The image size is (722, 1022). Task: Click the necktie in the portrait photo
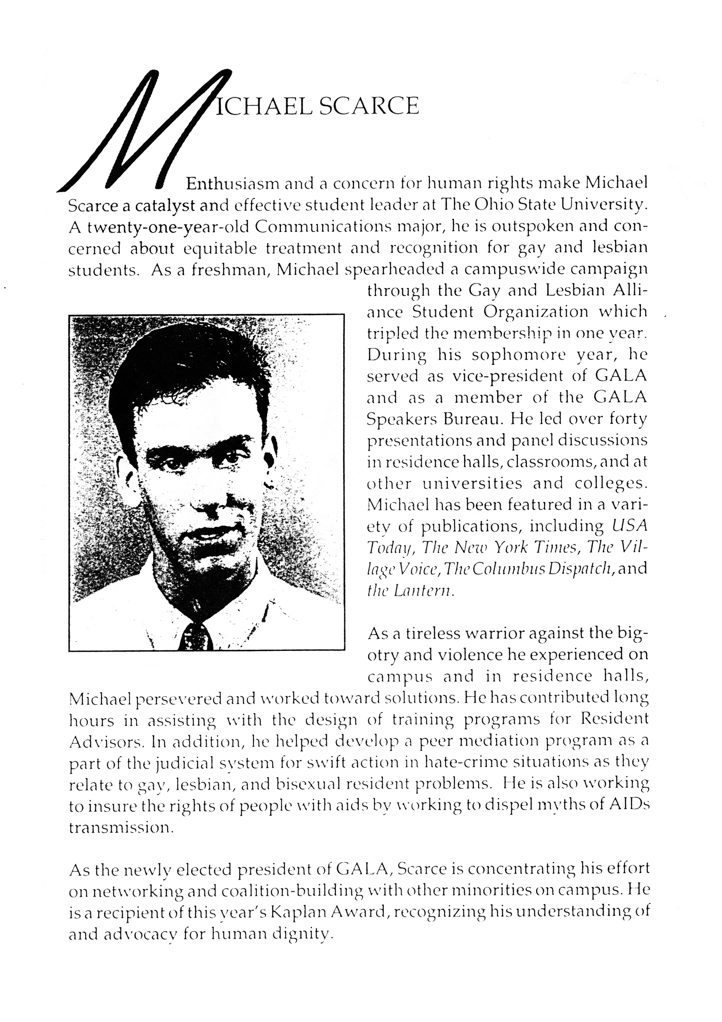pos(196,637)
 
